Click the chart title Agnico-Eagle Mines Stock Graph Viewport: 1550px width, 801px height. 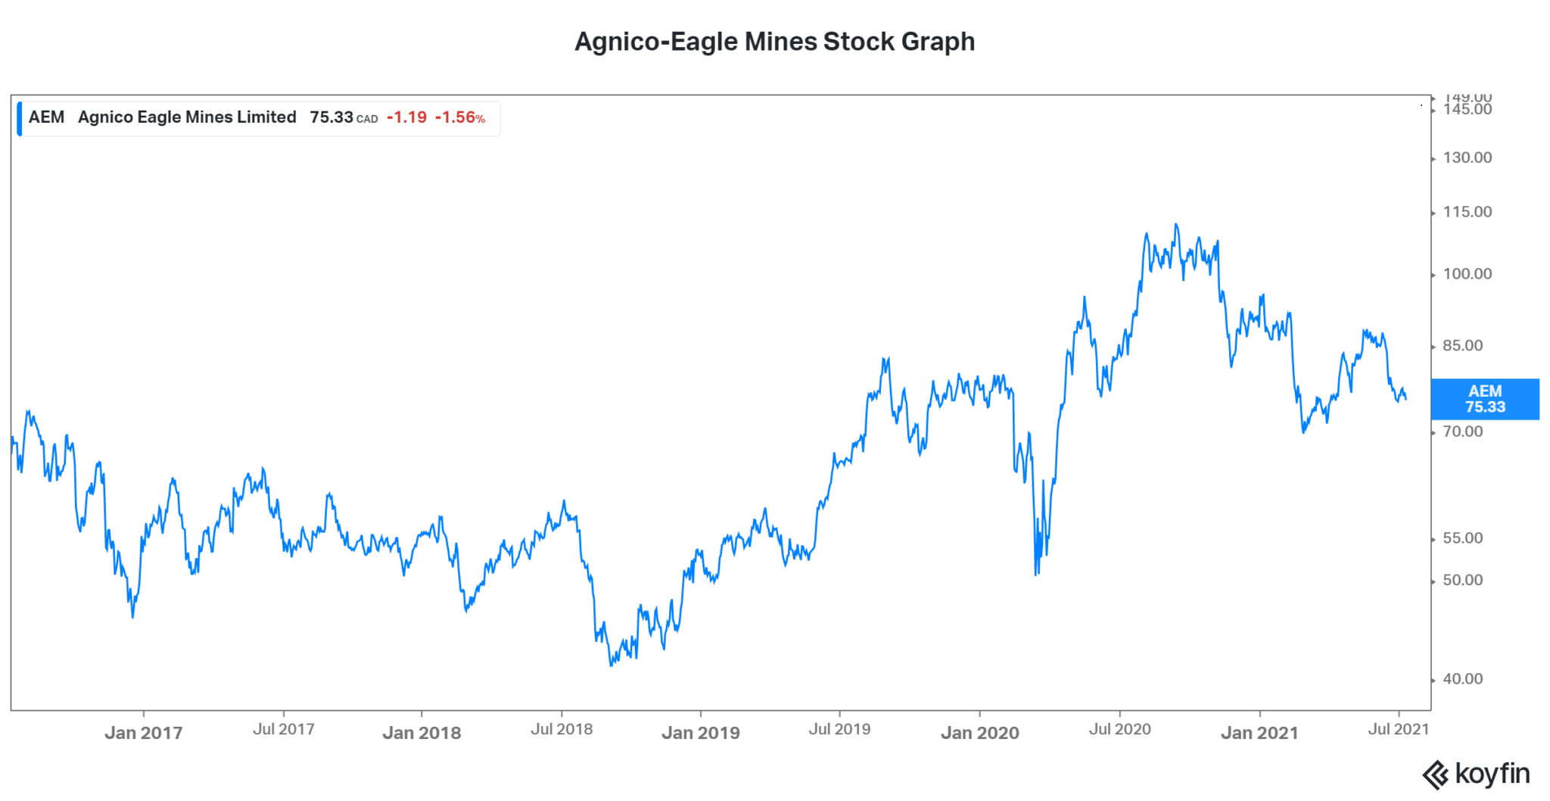774,42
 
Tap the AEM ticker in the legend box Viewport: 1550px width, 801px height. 46,117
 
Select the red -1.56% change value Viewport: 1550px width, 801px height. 459,117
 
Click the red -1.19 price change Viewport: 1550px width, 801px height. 406,117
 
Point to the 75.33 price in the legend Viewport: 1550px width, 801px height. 331,117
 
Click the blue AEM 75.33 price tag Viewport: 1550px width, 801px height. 1485,399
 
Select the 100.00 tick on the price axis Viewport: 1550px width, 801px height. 1467,274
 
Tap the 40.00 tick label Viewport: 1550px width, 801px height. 1462,679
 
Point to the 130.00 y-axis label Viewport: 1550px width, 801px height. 1467,157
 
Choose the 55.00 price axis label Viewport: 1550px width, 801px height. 1462,538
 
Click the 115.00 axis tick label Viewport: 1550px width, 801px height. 1467,212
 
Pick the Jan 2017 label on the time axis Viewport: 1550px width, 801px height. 143,733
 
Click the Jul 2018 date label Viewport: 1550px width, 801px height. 562,729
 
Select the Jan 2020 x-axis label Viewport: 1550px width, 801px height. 979,733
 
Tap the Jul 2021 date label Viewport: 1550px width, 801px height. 1398,729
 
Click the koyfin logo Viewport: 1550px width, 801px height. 1476,775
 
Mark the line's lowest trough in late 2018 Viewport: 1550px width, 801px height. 611,665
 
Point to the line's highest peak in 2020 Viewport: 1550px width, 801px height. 1175,224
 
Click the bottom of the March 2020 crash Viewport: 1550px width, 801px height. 1035,574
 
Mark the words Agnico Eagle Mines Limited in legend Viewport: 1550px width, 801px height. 187,117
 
